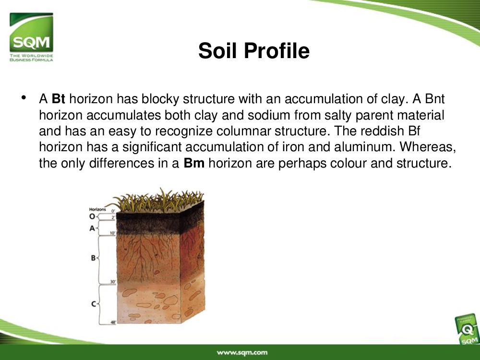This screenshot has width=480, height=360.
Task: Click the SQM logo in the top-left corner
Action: click(x=31, y=37)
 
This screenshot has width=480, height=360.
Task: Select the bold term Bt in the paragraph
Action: click(x=58, y=99)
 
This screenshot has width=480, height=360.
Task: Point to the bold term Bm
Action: click(x=194, y=163)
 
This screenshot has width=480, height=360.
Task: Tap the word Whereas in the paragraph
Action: click(x=426, y=147)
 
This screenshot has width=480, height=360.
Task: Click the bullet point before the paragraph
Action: click(x=24, y=97)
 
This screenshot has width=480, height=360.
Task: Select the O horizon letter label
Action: click(x=92, y=217)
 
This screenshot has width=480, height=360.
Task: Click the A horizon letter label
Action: click(x=92, y=228)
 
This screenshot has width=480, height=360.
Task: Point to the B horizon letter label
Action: click(x=94, y=258)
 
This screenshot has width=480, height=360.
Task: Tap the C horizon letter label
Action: click(x=94, y=304)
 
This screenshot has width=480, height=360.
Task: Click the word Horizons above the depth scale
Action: click(x=97, y=209)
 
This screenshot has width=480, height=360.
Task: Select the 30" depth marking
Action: click(x=113, y=282)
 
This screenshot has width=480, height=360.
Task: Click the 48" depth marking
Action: click(x=113, y=322)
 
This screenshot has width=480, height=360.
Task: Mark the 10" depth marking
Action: click(x=113, y=233)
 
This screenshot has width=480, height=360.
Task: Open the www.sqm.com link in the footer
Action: click(x=242, y=353)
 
